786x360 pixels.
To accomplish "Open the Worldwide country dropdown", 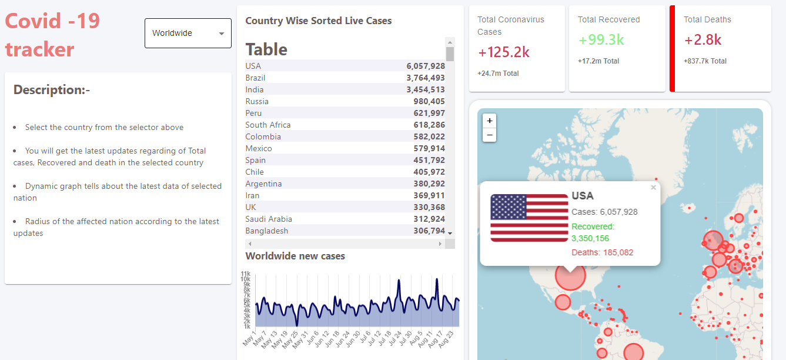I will click(x=188, y=34).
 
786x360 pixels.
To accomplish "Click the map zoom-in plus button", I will click(x=490, y=121).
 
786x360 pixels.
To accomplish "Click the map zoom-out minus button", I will click(x=490, y=135).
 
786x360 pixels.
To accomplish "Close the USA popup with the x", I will click(x=653, y=188).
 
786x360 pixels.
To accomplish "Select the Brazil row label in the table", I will click(x=255, y=78).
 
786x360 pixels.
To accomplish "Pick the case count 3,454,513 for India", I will click(x=425, y=89).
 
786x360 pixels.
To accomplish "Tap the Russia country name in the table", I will click(x=257, y=101).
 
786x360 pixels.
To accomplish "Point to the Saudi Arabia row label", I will click(x=269, y=219).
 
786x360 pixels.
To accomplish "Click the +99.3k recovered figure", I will click(x=601, y=40).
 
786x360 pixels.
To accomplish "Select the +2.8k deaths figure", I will click(x=703, y=40).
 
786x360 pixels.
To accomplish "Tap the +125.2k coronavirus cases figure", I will click(x=504, y=52).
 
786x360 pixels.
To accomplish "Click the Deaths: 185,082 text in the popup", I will click(x=603, y=252).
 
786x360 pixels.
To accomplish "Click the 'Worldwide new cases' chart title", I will click(x=295, y=256).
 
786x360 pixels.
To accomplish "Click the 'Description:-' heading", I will click(x=52, y=90).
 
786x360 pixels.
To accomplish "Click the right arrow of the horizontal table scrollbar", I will click(x=440, y=244).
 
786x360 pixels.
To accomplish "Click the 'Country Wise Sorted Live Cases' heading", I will click(x=318, y=21).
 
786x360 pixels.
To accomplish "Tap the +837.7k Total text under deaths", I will click(x=705, y=61).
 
